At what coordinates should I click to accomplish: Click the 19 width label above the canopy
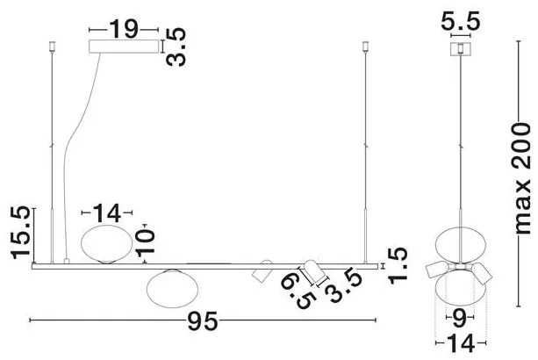pos(124,29)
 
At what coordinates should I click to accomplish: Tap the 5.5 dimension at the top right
pos(460,21)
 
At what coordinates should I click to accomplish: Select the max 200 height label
pos(522,178)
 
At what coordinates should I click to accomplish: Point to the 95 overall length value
pos(203,321)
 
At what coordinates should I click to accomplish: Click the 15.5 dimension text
pos(21,233)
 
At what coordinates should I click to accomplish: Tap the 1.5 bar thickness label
pos(398,265)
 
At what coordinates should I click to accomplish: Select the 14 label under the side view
pos(461,343)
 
